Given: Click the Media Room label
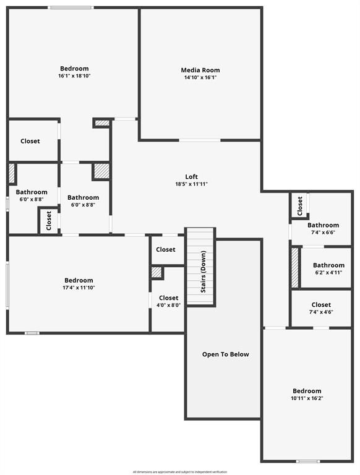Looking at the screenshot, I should [200, 70].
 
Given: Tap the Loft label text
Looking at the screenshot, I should [192, 176].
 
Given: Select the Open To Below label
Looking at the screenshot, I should [226, 354].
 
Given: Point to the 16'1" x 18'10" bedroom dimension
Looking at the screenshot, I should [74, 76].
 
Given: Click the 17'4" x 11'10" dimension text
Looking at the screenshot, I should [79, 288].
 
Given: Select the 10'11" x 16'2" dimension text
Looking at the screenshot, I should [307, 398].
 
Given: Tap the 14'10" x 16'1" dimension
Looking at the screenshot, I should [200, 78].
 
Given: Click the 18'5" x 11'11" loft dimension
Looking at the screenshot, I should [192, 184].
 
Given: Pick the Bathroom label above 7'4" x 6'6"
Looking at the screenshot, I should [323, 225].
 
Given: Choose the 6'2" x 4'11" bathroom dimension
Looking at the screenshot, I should [328, 273].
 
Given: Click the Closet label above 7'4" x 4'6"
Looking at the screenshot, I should [321, 304].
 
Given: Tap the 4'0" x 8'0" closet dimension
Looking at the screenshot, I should [168, 305].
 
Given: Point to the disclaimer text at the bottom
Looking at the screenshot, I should [180, 472].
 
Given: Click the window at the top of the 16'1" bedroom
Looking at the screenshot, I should [71, 7].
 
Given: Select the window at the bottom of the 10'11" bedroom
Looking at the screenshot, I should [307, 461].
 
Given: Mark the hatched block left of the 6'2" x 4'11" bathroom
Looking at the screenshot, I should [296, 267].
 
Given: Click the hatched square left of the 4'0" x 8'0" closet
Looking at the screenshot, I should [157, 272].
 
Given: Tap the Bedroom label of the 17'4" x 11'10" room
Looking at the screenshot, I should [79, 280].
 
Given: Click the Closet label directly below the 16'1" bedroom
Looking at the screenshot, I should [30, 141].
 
